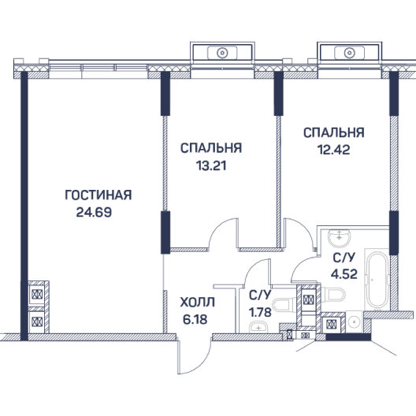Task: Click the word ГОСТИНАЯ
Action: pos(98,195)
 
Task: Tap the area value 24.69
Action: pos(94,212)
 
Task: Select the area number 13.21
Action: pos(211,165)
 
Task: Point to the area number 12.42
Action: pos(334,150)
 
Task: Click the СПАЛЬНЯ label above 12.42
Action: pos(334,132)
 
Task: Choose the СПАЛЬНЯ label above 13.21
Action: pos(211,148)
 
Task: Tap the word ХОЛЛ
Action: pos(198,303)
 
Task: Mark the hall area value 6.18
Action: pos(195,319)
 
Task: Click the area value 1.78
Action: pos(260,312)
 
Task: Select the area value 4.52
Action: pos(344,274)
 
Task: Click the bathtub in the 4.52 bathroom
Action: pos(377,280)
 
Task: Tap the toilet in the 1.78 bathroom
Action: pos(284,305)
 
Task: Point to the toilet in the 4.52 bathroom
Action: pos(333,295)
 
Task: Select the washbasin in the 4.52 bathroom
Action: pos(339,238)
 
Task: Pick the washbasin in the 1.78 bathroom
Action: pos(258,327)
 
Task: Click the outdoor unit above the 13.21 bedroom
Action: pos(222,53)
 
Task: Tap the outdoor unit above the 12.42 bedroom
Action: pos(349,53)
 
